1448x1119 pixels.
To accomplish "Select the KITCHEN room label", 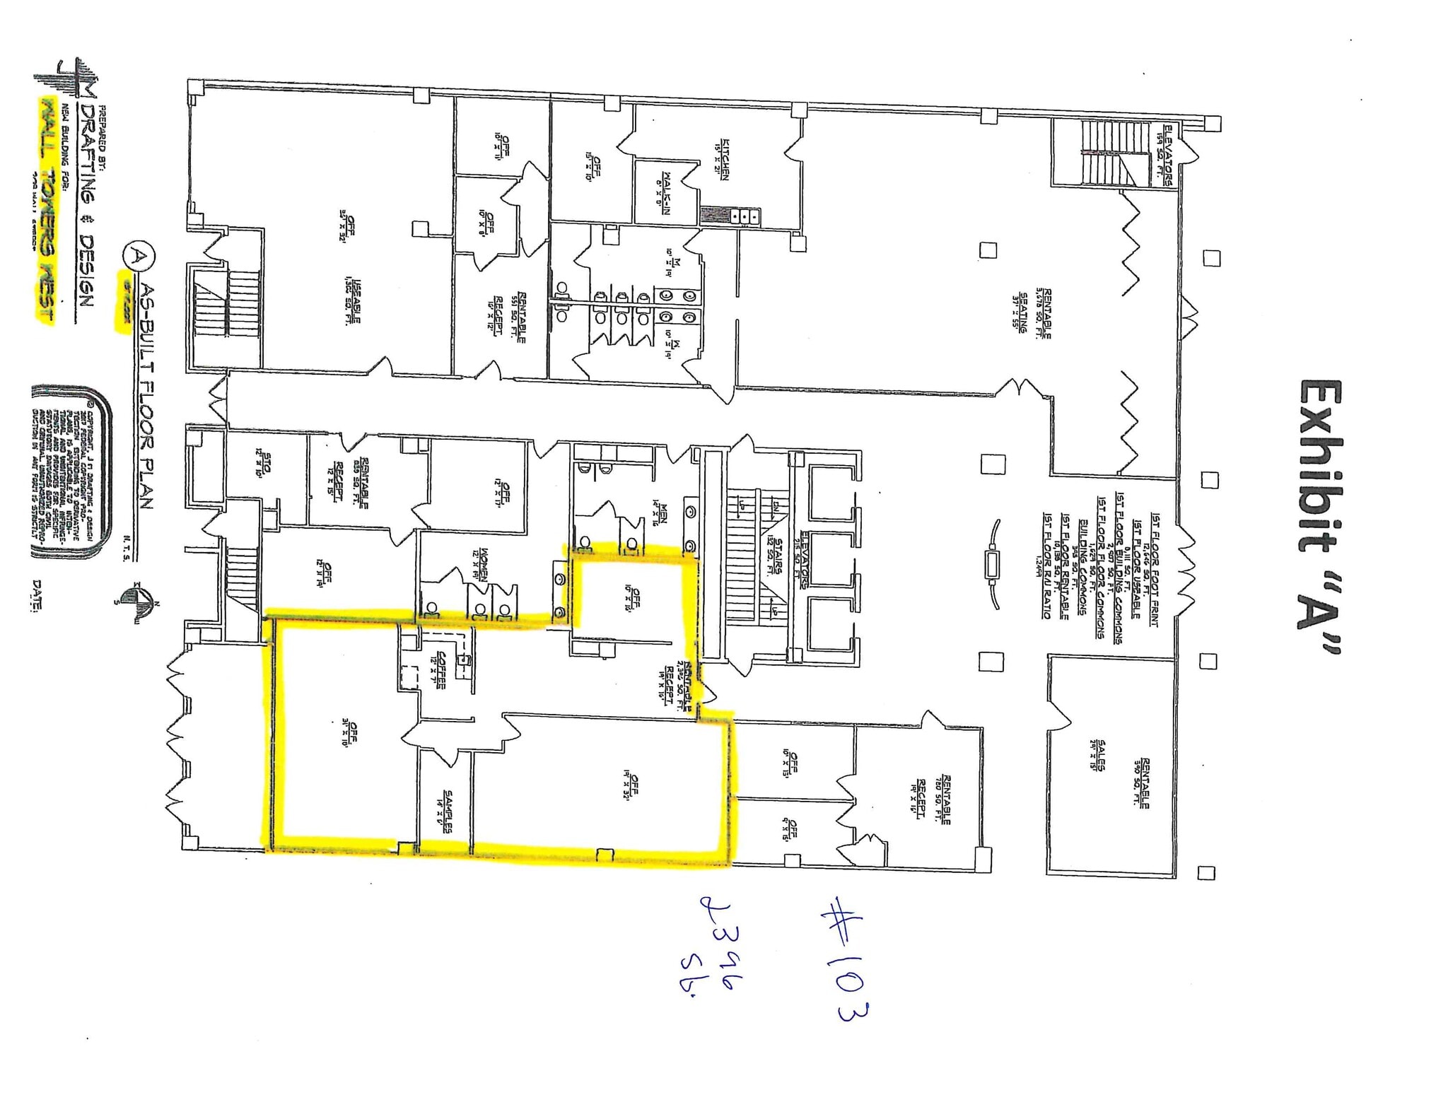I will point(723,158).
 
